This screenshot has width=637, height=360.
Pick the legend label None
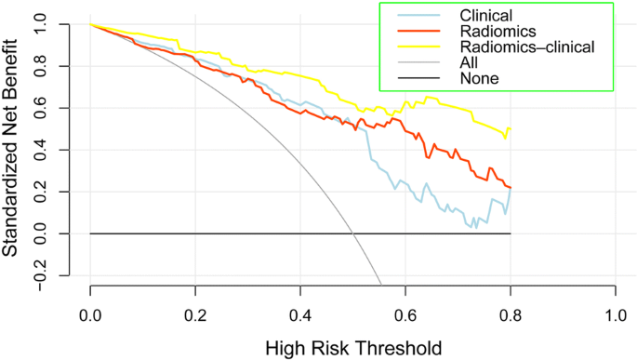pyautogui.click(x=479, y=78)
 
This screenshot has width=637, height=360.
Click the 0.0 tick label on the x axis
pyautogui.click(x=90, y=314)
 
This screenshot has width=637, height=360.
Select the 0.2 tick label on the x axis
pyautogui.click(x=195, y=314)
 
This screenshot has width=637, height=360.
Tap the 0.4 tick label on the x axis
pyautogui.click(x=300, y=314)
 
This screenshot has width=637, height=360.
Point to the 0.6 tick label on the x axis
pyautogui.click(x=405, y=314)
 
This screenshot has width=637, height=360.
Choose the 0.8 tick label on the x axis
pyautogui.click(x=511, y=314)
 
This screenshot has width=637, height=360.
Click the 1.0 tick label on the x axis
pyautogui.click(x=616, y=314)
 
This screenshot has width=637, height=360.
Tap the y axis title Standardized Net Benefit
pyautogui.click(x=13, y=149)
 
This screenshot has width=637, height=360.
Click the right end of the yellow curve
pyautogui.click(x=511, y=129)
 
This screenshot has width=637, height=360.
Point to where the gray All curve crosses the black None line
pyautogui.click(x=353, y=233)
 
